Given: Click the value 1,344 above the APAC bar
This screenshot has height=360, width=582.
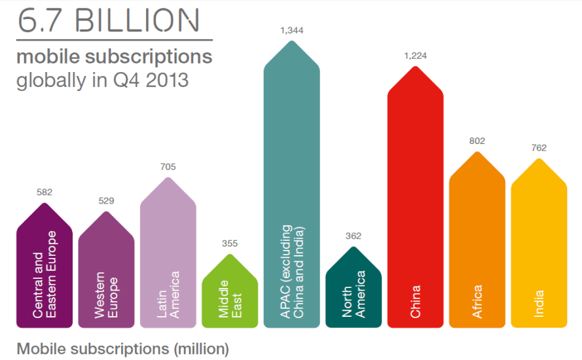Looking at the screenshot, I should click(291, 30).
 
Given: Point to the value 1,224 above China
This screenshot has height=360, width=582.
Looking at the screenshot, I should click(415, 56).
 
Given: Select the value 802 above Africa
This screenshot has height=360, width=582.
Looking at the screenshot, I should click(477, 141).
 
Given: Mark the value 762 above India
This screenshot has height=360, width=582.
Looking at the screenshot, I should click(539, 148).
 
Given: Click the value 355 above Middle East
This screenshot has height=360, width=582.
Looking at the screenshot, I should click(230, 243).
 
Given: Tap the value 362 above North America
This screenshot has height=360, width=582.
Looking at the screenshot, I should click(354, 236).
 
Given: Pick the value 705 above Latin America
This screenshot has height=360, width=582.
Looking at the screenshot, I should click(168, 167).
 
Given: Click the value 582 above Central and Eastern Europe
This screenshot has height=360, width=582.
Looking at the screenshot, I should click(45, 192).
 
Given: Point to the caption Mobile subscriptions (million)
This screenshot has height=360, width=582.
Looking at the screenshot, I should click(122, 348).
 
